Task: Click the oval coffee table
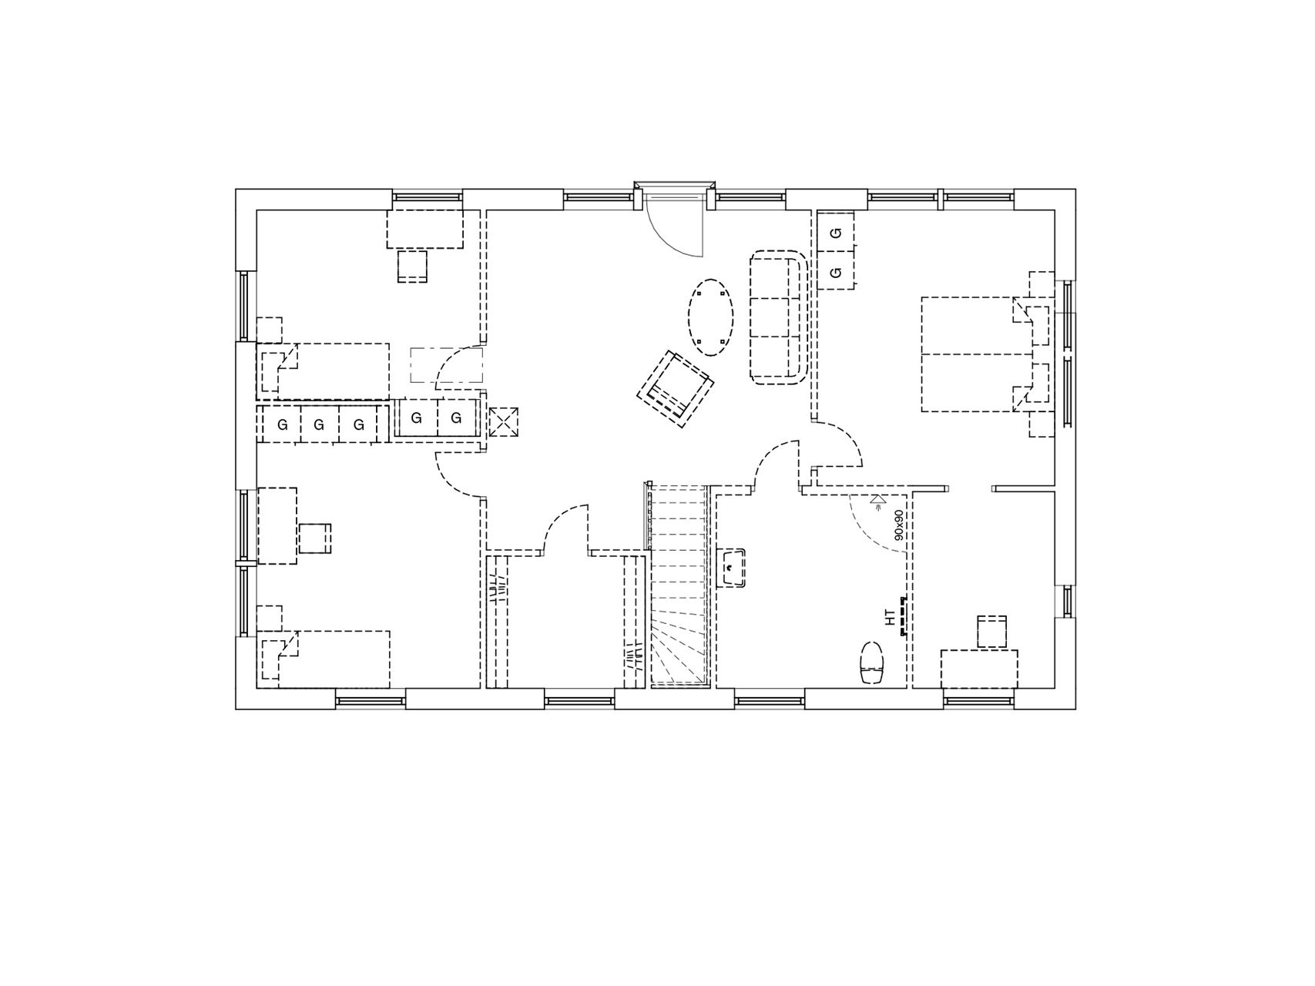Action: (710, 317)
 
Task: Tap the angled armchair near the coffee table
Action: (675, 388)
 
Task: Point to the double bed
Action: (977, 354)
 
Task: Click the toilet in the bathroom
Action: (872, 663)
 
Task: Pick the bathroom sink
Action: (731, 568)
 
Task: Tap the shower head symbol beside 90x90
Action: (877, 501)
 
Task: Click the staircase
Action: (679, 585)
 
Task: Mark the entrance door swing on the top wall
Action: (675, 224)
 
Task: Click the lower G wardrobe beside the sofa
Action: (836, 271)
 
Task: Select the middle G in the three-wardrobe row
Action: (319, 424)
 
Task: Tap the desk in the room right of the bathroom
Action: (979, 669)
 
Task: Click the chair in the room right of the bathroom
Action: (991, 632)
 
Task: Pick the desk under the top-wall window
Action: (424, 229)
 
